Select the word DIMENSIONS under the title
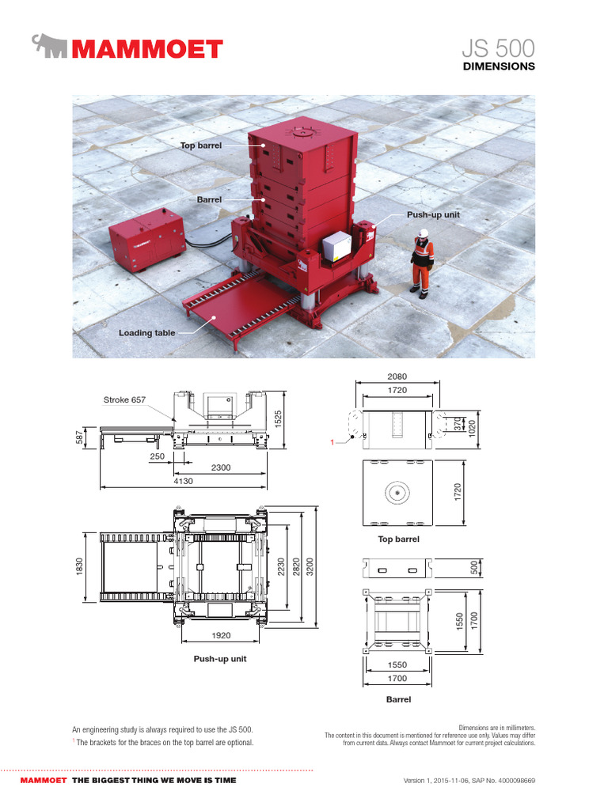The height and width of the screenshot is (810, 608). pos(499,66)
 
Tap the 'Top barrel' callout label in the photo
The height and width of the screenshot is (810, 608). pos(200,146)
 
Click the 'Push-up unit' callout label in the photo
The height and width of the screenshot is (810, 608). pos(433,214)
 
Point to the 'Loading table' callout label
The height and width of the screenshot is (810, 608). pos(146,333)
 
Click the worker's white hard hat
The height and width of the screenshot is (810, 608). pos(424,233)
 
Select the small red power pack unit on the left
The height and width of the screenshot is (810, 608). pos(146,239)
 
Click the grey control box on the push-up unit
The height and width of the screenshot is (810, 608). pos(338,247)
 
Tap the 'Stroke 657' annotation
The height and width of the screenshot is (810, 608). pos(124,400)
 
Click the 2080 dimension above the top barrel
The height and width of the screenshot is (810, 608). pos(397,376)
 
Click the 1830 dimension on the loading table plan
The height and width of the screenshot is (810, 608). pos(79,566)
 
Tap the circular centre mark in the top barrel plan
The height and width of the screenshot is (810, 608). pos(397,493)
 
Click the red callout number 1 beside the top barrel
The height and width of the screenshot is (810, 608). pos(332,442)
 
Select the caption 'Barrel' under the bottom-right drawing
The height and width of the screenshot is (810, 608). pos(397,699)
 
